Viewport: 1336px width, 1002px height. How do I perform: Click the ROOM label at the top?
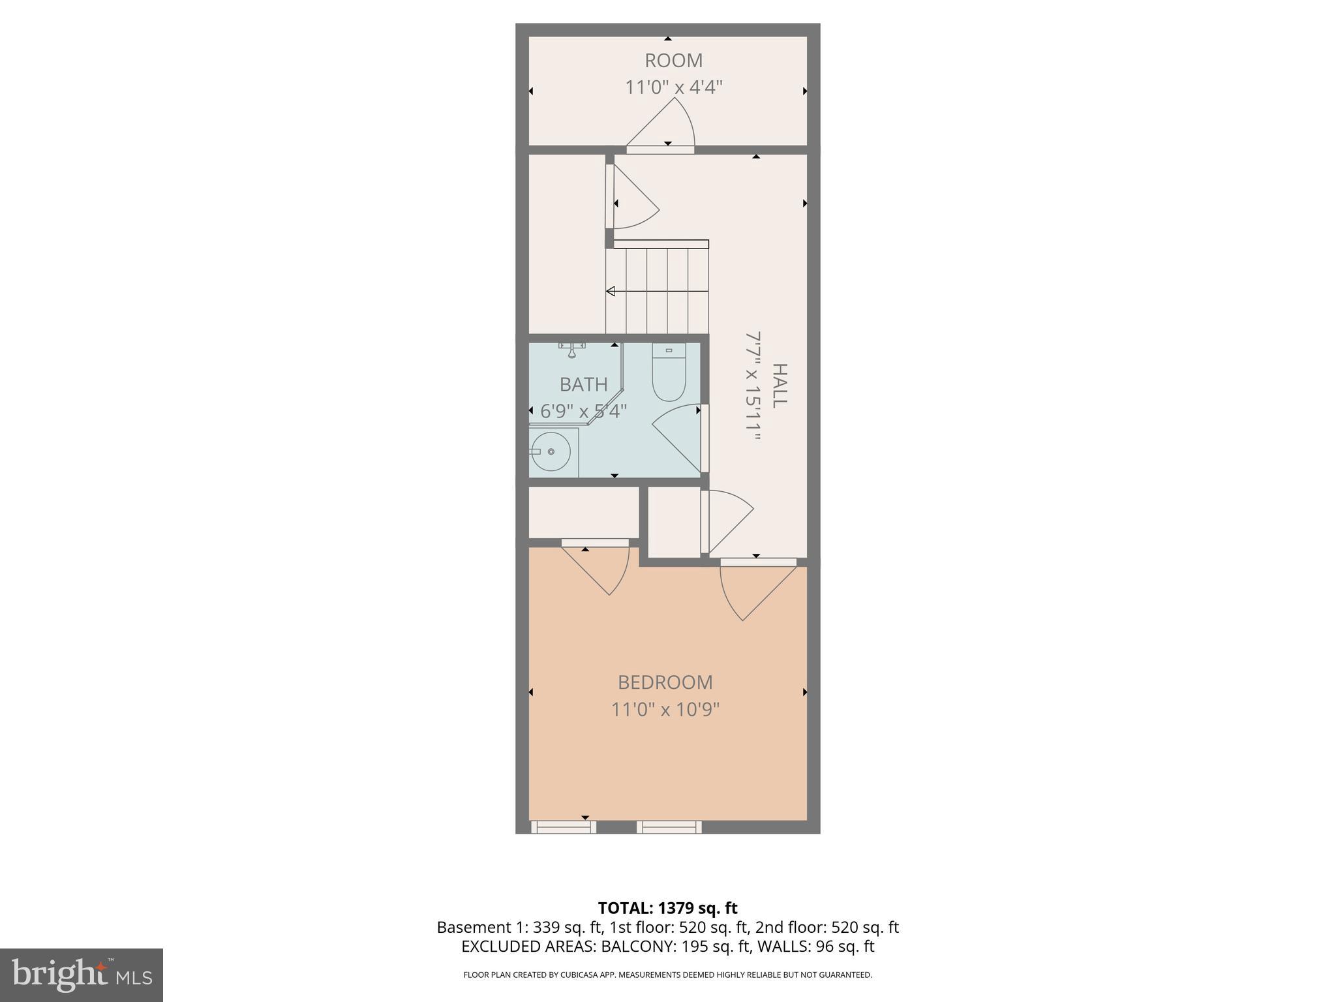coord(673,61)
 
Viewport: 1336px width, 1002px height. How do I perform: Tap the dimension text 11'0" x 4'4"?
coord(673,87)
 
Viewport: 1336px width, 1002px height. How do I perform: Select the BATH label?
coord(583,385)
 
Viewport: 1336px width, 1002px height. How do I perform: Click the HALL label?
coord(780,386)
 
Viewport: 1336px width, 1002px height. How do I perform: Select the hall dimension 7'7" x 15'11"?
coord(753,386)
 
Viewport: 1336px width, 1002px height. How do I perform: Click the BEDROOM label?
coord(665,682)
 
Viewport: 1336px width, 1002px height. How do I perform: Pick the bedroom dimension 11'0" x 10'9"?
coord(665,709)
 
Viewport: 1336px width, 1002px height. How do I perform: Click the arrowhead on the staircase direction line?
coord(611,292)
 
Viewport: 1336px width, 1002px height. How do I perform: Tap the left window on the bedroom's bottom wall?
coord(564,827)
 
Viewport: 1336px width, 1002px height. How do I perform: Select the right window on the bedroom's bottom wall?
coord(669,827)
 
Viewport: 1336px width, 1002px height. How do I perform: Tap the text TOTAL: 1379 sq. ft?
coord(667,908)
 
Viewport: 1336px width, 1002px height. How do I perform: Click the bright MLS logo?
coord(81,975)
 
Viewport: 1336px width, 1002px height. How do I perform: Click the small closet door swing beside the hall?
coord(727,519)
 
